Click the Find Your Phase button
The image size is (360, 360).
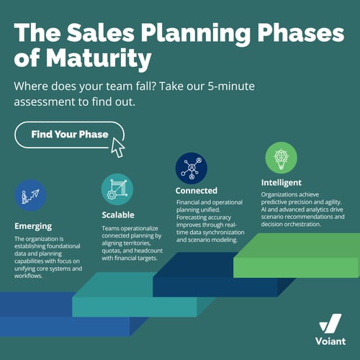pos(69,135)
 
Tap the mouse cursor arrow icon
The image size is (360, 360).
pos(117,146)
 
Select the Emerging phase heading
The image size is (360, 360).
pos(33,225)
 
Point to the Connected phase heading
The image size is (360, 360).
pos(197,191)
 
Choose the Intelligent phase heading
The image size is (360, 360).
pos(282,182)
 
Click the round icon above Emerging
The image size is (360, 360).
pos(30,195)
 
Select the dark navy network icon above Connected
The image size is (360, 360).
pos(192,166)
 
